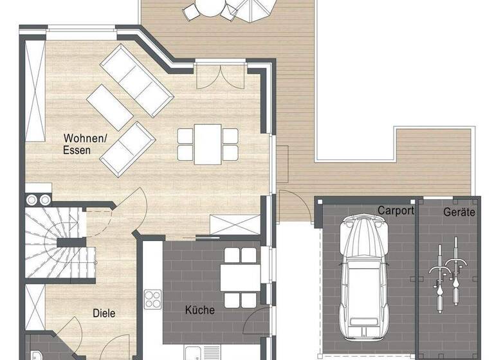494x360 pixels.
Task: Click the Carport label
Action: click(396, 210)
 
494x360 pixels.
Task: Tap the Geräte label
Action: click(459, 212)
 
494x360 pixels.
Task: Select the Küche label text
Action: click(199, 310)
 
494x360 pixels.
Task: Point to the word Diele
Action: click(104, 314)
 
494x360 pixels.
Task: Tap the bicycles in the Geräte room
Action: click(448, 272)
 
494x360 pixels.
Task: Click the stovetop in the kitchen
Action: click(152, 299)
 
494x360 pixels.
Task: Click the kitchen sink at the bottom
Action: click(196, 353)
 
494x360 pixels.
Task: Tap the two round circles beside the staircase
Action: click(38, 199)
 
